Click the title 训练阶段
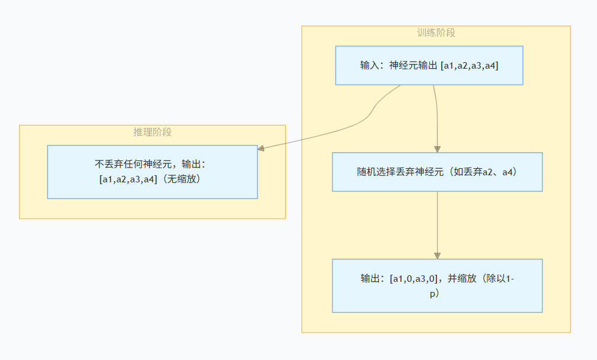(436, 33)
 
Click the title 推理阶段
(152, 132)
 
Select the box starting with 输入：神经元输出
(429, 65)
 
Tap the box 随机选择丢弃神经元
(437, 172)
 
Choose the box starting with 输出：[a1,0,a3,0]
(437, 285)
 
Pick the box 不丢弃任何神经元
(152, 172)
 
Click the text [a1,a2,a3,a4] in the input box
(470, 65)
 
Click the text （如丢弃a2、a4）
(484, 172)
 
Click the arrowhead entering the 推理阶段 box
(261, 149)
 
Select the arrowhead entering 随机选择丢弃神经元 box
(437, 149)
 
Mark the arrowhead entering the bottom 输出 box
(437, 255)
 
